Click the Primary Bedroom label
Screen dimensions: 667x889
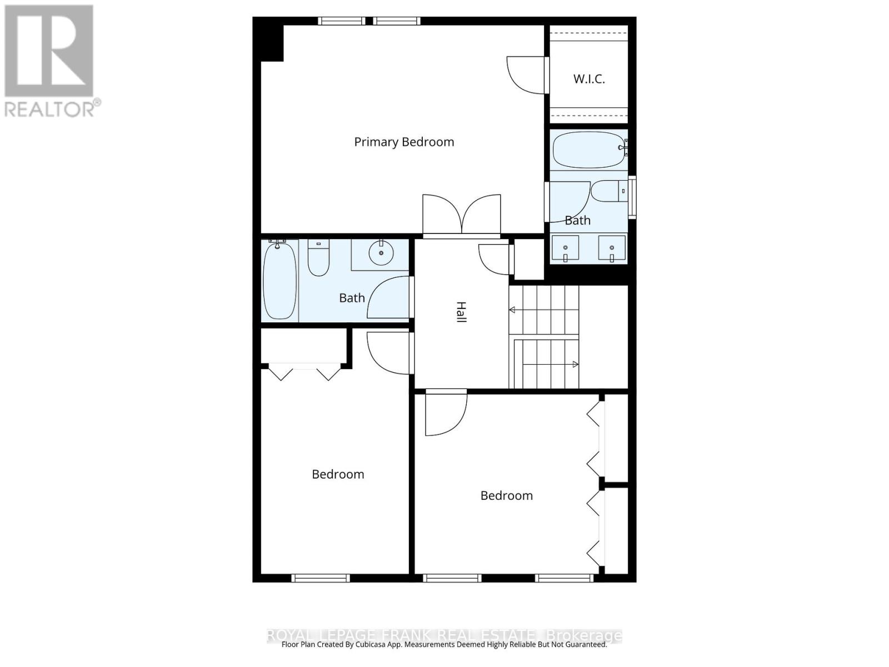(x=404, y=142)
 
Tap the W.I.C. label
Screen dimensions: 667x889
(x=589, y=79)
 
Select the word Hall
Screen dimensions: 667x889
(x=461, y=312)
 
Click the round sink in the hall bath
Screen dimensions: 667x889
(x=381, y=253)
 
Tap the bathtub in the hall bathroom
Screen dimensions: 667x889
(x=279, y=281)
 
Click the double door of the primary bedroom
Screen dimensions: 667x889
(x=462, y=216)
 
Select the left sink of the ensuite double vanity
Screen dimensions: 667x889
(x=565, y=248)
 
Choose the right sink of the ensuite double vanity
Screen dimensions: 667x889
(x=612, y=248)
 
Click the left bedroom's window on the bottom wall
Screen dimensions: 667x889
(x=321, y=578)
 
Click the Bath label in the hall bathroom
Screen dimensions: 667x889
(x=352, y=298)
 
